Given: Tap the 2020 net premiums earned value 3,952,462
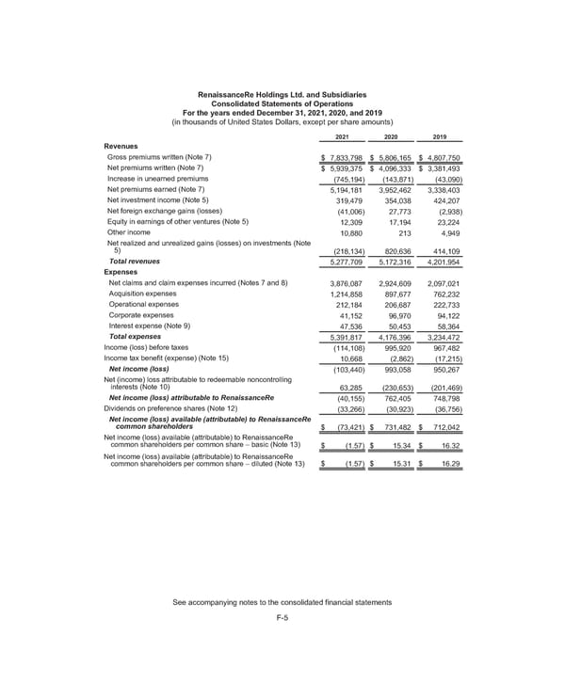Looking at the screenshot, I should point(395,191).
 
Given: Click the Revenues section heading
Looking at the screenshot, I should point(121,146).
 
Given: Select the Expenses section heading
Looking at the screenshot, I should point(121,273).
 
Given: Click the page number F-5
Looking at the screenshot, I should point(282,617).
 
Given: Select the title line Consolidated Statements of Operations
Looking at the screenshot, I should point(282,105).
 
